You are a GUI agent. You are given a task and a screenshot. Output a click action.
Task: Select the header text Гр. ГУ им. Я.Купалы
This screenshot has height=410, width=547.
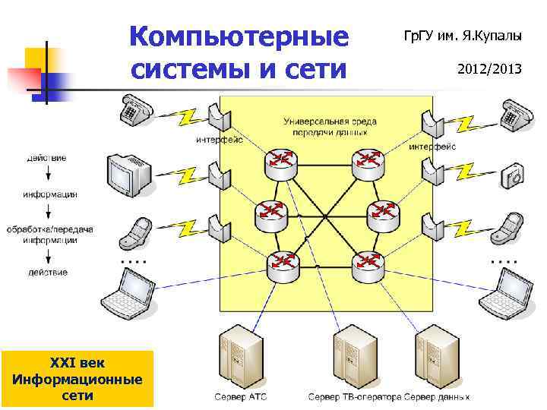[463, 35]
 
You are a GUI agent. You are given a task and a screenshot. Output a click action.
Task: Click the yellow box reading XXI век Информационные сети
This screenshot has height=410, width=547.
[77, 378]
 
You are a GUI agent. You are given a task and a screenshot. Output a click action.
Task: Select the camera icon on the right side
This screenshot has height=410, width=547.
[514, 176]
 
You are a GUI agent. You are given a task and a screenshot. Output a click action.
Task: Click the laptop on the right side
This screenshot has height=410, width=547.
[510, 292]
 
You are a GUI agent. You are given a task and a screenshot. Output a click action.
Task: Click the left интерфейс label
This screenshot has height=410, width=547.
[218, 139]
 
